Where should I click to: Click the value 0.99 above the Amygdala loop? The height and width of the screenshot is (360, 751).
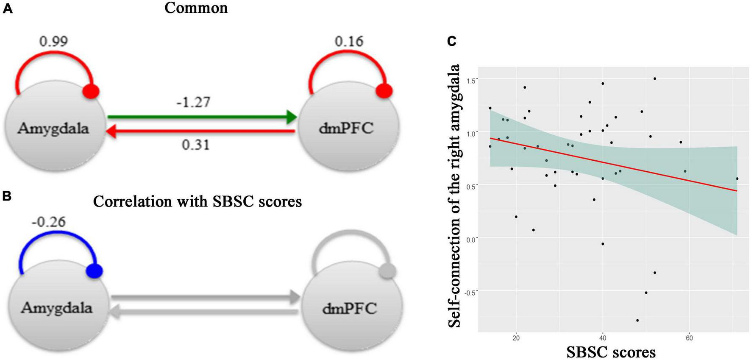click(x=53, y=41)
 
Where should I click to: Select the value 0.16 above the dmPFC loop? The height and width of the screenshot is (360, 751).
click(x=349, y=41)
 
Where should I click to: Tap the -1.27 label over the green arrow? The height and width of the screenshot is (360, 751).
click(x=193, y=102)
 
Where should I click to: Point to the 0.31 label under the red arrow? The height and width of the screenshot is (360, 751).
click(x=195, y=145)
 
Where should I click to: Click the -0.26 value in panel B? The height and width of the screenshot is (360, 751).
click(x=49, y=222)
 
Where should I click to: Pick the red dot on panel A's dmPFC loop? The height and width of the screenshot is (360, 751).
click(x=384, y=91)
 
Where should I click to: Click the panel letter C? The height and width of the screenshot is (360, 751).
click(x=452, y=41)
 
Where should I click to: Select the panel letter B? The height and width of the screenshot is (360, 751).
click(x=7, y=196)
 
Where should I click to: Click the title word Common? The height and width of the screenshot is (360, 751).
click(x=196, y=8)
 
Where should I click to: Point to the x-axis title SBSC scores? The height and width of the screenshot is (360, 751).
click(x=611, y=352)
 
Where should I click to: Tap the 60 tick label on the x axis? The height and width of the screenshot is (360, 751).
click(x=689, y=338)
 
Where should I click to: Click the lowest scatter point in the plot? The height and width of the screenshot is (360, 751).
click(x=637, y=320)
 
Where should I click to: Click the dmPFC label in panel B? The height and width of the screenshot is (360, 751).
click(x=350, y=308)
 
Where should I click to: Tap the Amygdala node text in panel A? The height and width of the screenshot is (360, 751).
click(x=53, y=128)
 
